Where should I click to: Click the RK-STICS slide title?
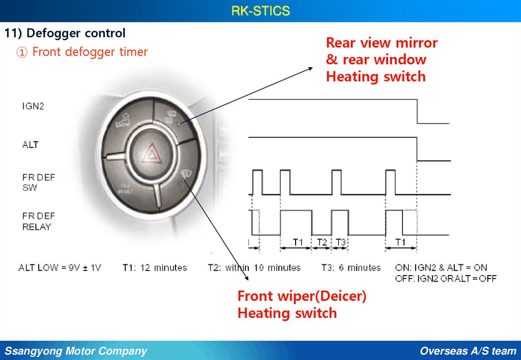260,11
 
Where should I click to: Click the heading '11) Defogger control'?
65,34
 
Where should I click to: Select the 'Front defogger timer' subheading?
90,52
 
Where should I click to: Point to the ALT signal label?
30,145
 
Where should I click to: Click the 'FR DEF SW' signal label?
38,183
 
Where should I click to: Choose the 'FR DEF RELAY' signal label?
38,222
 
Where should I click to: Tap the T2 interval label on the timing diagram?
321,242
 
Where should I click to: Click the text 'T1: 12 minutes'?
155,267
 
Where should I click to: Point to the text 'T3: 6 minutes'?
351,267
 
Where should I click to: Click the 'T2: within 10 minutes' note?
254,267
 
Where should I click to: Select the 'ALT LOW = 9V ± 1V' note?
60,267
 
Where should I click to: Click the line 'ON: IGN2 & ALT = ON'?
441,267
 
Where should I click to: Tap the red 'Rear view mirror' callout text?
382,43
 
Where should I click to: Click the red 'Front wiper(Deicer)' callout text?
302,296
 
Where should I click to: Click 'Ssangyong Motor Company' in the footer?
76,351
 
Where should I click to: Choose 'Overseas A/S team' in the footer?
468,351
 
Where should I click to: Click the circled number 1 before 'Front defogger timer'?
21,52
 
